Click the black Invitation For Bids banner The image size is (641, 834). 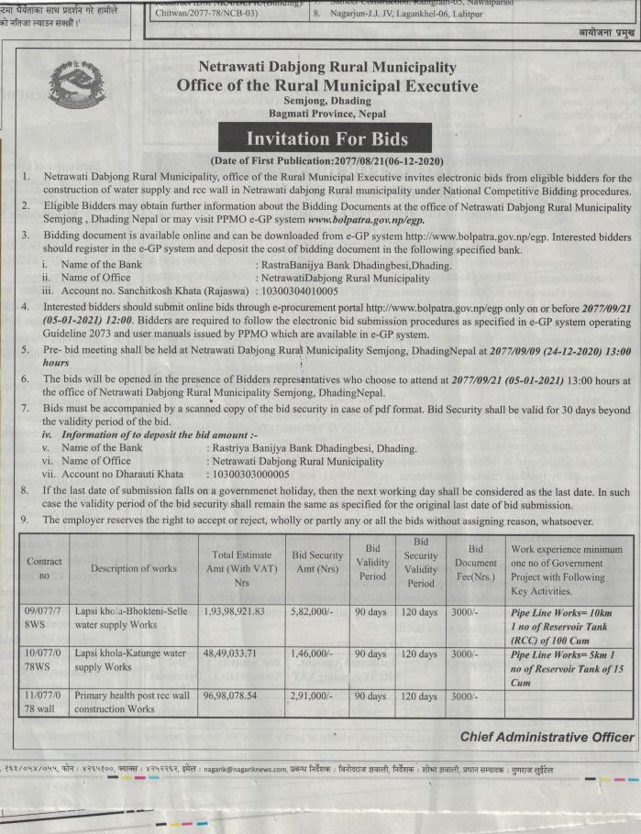point(314,139)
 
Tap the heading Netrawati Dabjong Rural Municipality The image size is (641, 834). point(326,68)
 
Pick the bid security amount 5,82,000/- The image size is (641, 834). point(308,609)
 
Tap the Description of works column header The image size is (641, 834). point(133,568)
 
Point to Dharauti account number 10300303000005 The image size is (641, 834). point(249,475)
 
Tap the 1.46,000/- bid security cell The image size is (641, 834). point(308,654)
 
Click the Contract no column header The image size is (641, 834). point(44,568)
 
